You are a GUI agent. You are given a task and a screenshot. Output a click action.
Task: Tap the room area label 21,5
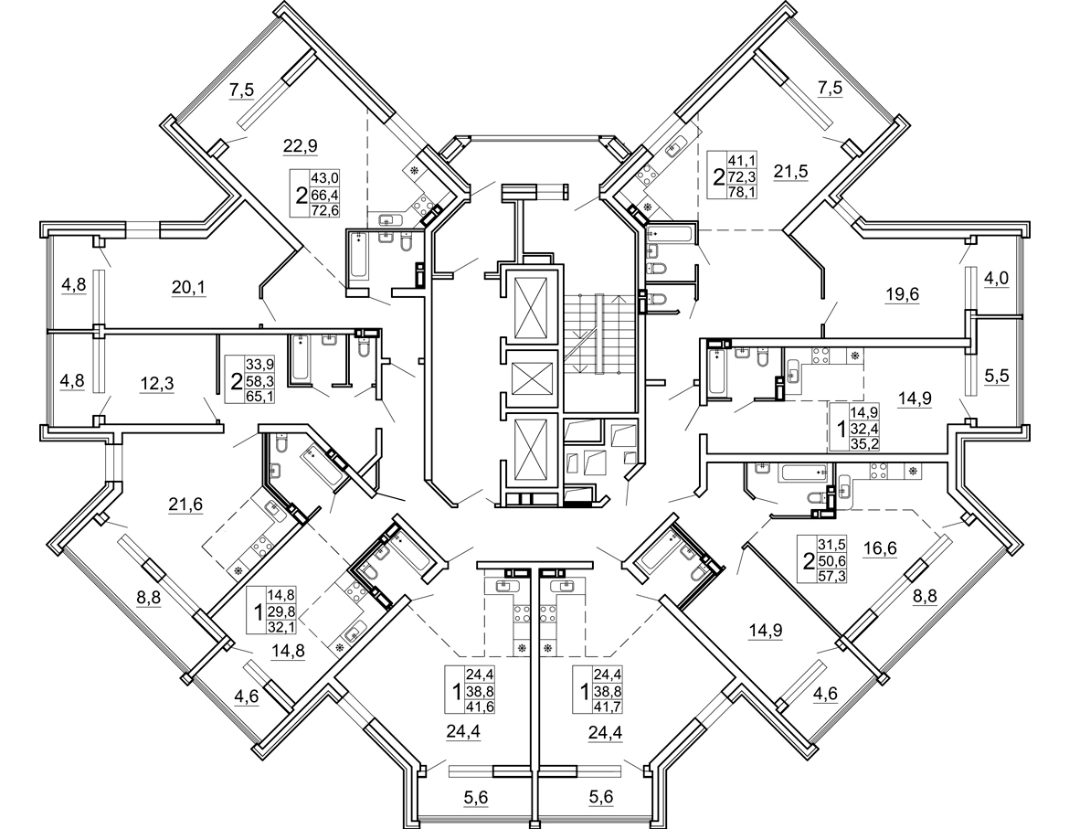791,171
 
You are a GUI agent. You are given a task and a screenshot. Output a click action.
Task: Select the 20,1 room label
188,289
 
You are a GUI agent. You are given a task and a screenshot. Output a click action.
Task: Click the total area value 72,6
324,209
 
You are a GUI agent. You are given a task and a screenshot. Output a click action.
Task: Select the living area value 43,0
324,177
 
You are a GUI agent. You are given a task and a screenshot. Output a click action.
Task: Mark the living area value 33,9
262,362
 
